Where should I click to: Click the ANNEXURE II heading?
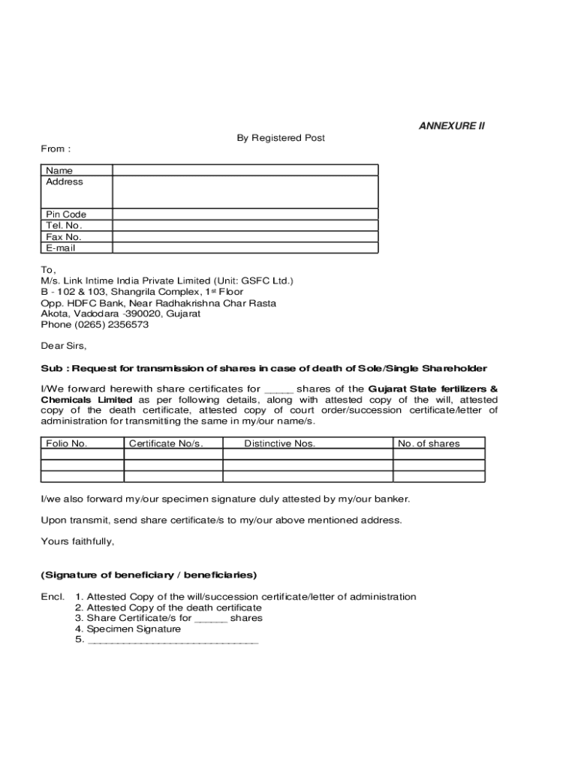451,126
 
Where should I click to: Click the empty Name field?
245,170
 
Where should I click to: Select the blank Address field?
245,191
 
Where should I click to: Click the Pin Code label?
66,214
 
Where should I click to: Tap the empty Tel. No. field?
245,226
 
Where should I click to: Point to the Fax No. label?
64,237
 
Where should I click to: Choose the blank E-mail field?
245,248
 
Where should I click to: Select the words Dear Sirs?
63,346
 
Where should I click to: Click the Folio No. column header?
67,443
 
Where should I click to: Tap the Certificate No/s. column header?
166,443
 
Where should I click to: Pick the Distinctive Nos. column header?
279,443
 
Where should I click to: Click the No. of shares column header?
429,443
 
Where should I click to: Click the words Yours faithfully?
77,541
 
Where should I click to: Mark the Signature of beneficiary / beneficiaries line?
149,575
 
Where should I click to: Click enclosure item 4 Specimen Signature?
128,629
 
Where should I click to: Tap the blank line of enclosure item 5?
173,641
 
